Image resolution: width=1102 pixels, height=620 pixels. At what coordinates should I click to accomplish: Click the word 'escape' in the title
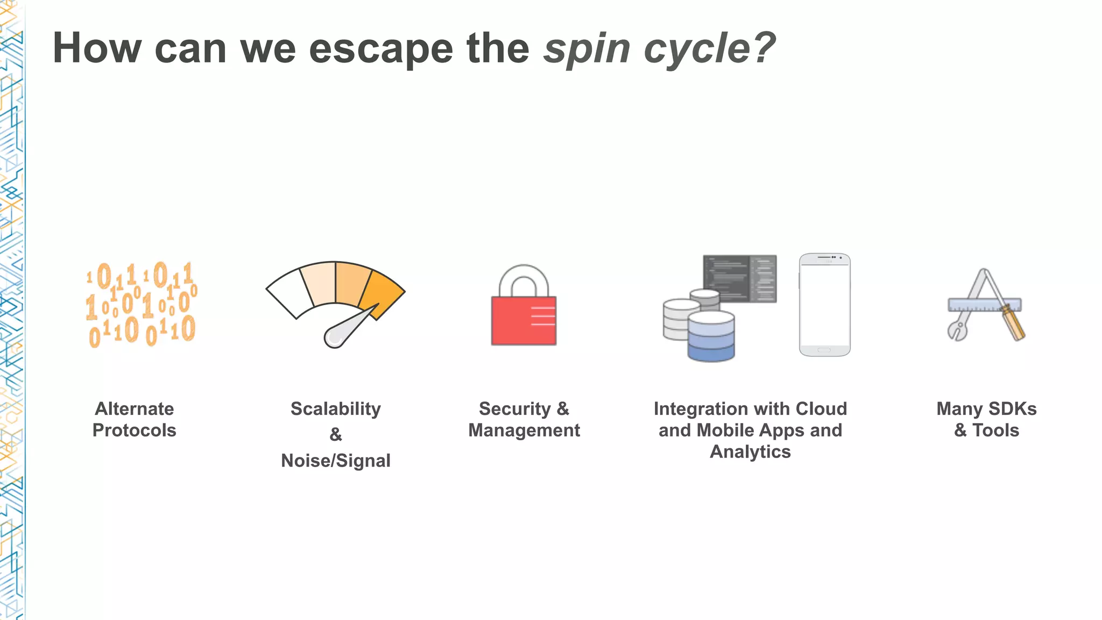coord(381,48)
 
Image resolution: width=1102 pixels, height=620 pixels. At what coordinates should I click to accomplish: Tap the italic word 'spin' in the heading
coord(586,48)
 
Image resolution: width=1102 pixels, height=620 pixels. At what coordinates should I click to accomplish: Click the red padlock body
coord(523,321)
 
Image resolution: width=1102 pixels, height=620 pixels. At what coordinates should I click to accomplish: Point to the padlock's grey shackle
coord(524,278)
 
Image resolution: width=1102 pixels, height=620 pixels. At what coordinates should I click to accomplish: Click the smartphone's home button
coord(824,350)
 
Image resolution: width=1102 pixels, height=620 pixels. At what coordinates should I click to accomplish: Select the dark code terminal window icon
coord(739,278)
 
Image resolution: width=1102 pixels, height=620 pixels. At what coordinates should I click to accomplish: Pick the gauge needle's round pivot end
coord(334,337)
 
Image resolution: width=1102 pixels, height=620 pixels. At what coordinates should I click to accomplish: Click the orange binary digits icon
coord(141,304)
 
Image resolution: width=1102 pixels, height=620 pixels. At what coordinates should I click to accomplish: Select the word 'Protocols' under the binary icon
coord(134,431)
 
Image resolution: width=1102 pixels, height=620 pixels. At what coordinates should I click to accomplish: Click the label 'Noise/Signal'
coord(335,461)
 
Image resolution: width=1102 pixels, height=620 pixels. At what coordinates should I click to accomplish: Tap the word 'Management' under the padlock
coord(524,431)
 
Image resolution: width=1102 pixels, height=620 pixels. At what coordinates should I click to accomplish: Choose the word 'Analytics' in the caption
coord(750,452)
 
